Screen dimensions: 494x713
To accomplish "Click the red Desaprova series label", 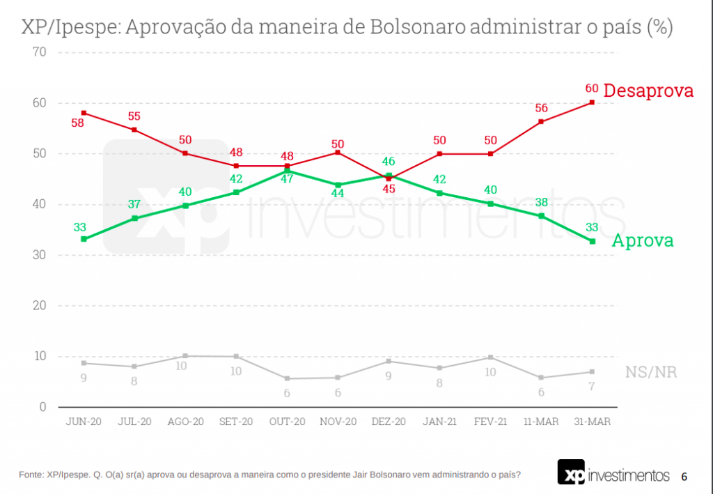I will pos(648,91).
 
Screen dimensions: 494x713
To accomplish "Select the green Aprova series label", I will pos(642,240).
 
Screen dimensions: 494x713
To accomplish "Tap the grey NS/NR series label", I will pos(650,372).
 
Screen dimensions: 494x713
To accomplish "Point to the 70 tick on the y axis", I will pos(38,52).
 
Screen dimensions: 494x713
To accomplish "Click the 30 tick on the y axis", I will pos(38,255).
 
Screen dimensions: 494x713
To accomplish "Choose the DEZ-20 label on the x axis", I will pos(389,422).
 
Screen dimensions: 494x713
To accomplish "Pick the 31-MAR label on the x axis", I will pos(592,422).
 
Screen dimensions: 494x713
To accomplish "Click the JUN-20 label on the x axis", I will pos(84,422).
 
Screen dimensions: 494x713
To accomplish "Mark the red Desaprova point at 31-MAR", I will pos(592,102).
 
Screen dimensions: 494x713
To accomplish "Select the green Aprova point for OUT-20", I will pos(287,171).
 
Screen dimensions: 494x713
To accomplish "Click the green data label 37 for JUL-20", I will pos(134,205).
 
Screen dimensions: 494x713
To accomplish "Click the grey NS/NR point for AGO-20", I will pos(185,356).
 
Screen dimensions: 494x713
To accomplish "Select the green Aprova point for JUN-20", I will pos(84,239).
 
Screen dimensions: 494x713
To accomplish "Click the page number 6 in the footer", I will pos(684,477).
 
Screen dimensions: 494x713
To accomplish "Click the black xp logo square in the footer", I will pos(572,472).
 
